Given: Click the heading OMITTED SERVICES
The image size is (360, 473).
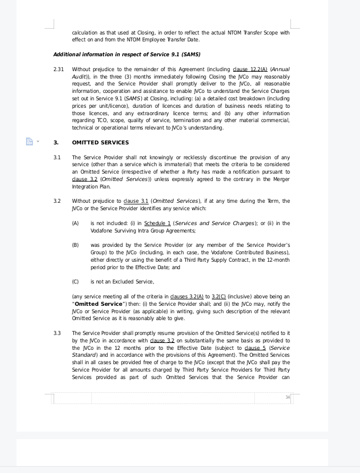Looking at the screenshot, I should [100, 142].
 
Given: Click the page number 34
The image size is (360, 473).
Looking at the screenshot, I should [287, 397].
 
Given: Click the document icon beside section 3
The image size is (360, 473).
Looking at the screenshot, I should [29, 141].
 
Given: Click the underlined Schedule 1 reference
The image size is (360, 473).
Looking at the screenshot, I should [157, 223].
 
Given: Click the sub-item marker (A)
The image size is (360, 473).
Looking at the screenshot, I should [75, 223].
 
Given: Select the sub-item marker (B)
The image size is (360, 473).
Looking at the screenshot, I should [75, 245].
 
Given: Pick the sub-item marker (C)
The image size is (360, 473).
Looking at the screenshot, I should [75, 281].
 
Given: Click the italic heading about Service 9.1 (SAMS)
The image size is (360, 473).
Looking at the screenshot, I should [126, 54].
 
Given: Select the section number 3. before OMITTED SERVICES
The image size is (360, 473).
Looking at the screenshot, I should [56, 142].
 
